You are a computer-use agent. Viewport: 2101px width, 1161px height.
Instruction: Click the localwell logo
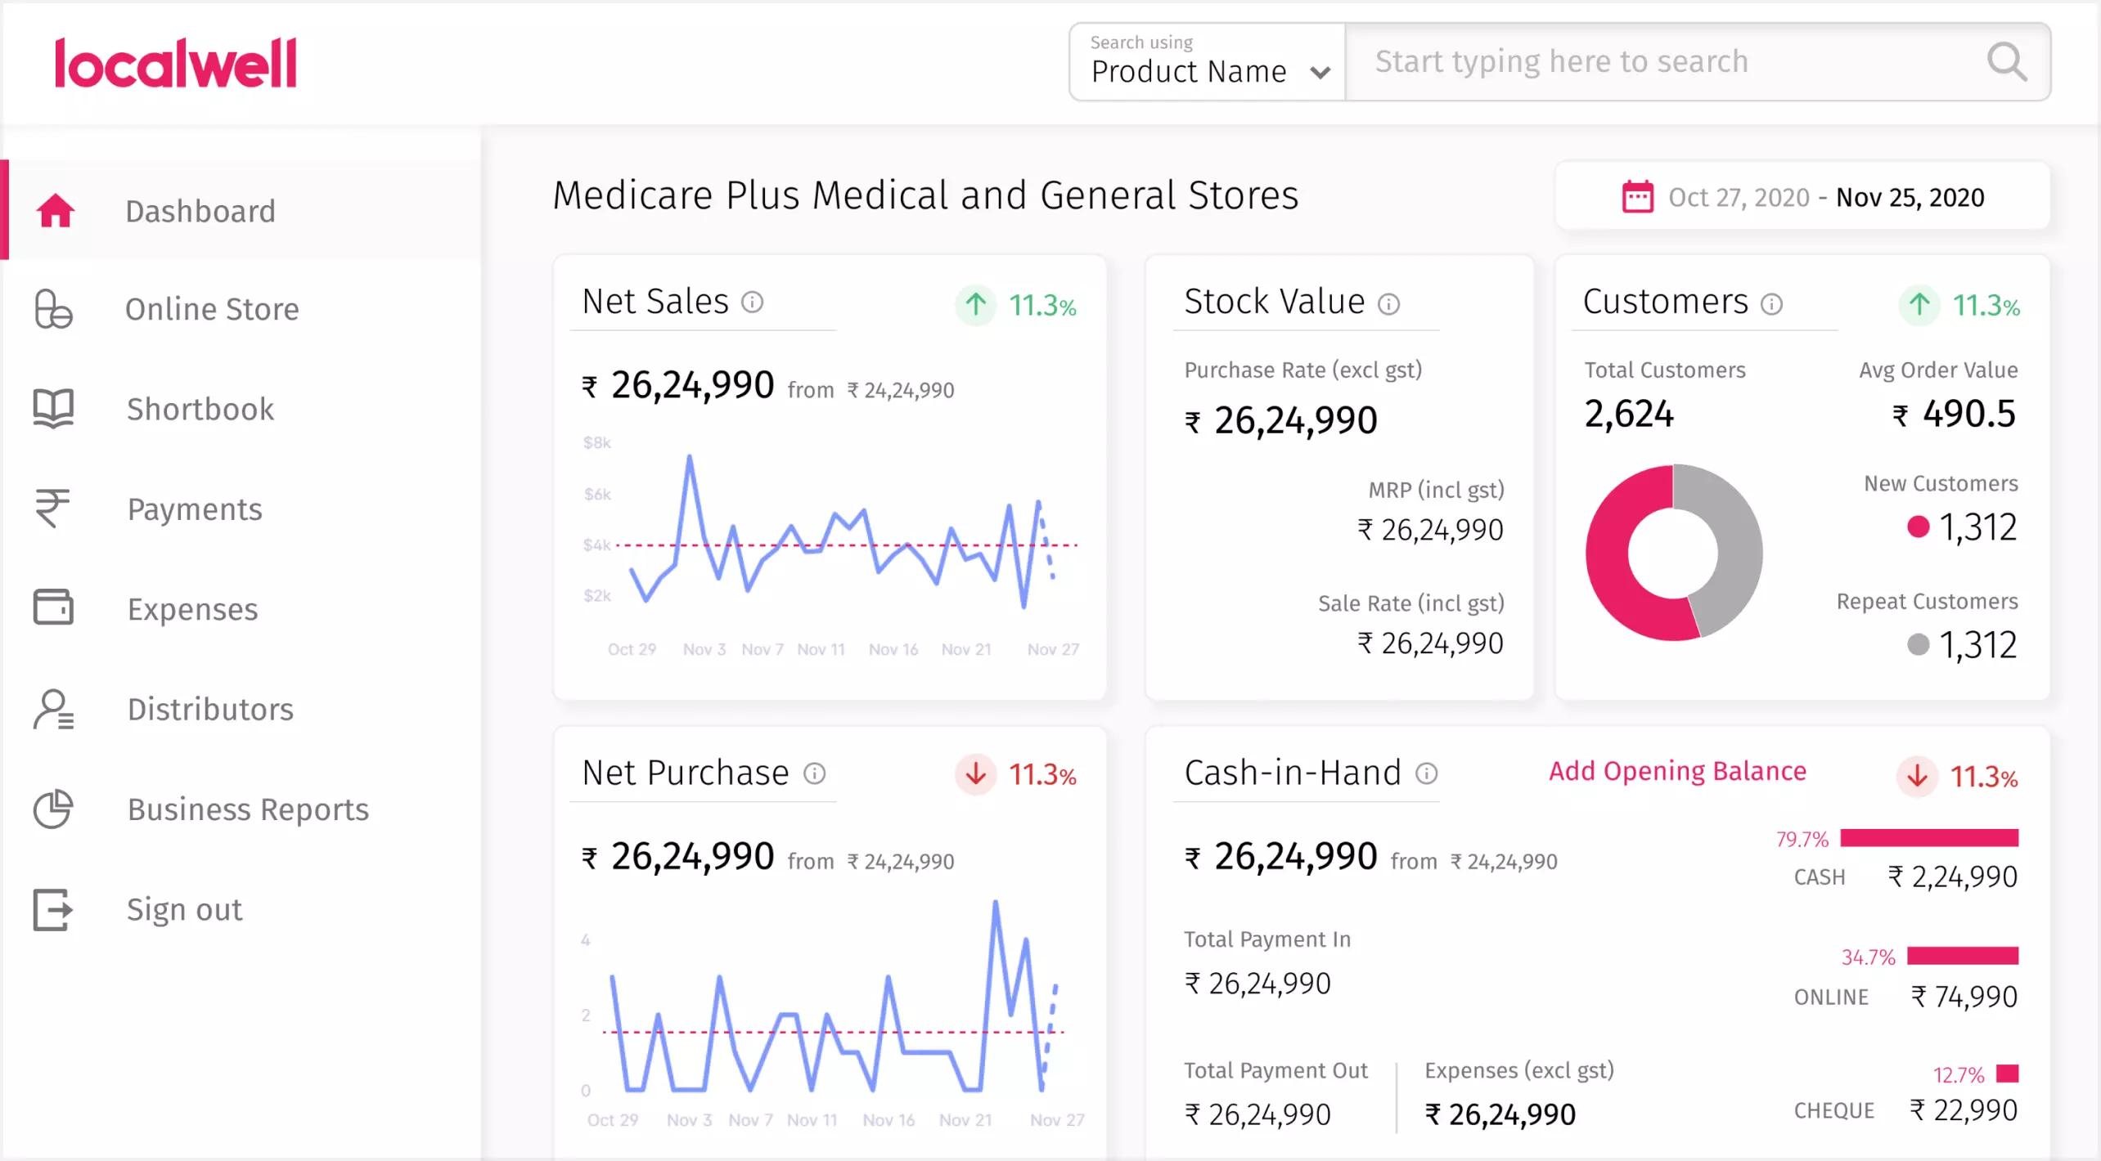[x=175, y=63]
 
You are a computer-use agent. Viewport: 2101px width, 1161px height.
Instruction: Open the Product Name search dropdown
[x=1208, y=63]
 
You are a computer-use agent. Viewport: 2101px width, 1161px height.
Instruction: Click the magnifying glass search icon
[x=2006, y=63]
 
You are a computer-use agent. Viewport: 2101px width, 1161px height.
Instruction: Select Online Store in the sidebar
[x=212, y=310]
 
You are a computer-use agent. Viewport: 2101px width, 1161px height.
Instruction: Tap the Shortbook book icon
[x=53, y=408]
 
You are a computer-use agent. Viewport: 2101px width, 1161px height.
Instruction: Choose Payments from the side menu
[x=195, y=509]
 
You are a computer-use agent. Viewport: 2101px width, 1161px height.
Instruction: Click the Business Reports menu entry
[x=248, y=809]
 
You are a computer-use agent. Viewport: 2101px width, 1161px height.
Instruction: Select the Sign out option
[x=184, y=909]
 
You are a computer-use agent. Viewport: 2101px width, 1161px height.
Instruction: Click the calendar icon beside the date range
[x=1637, y=197]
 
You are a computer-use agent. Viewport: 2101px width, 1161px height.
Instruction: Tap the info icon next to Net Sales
[x=752, y=303]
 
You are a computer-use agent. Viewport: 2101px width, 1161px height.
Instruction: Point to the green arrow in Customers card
[x=1919, y=305]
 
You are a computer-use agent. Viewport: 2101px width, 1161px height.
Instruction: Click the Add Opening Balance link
[x=1677, y=771]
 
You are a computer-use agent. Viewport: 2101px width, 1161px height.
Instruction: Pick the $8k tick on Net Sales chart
[x=596, y=443]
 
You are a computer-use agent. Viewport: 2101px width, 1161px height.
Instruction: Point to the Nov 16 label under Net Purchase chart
[x=889, y=1120]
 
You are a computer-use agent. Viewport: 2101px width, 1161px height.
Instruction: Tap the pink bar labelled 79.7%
[x=1928, y=838]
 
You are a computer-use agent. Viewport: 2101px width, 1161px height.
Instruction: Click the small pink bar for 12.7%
[x=2007, y=1074]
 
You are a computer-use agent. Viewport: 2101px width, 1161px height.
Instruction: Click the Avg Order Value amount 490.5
[x=1968, y=415]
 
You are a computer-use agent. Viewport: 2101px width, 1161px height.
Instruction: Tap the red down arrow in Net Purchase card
[x=975, y=773]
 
